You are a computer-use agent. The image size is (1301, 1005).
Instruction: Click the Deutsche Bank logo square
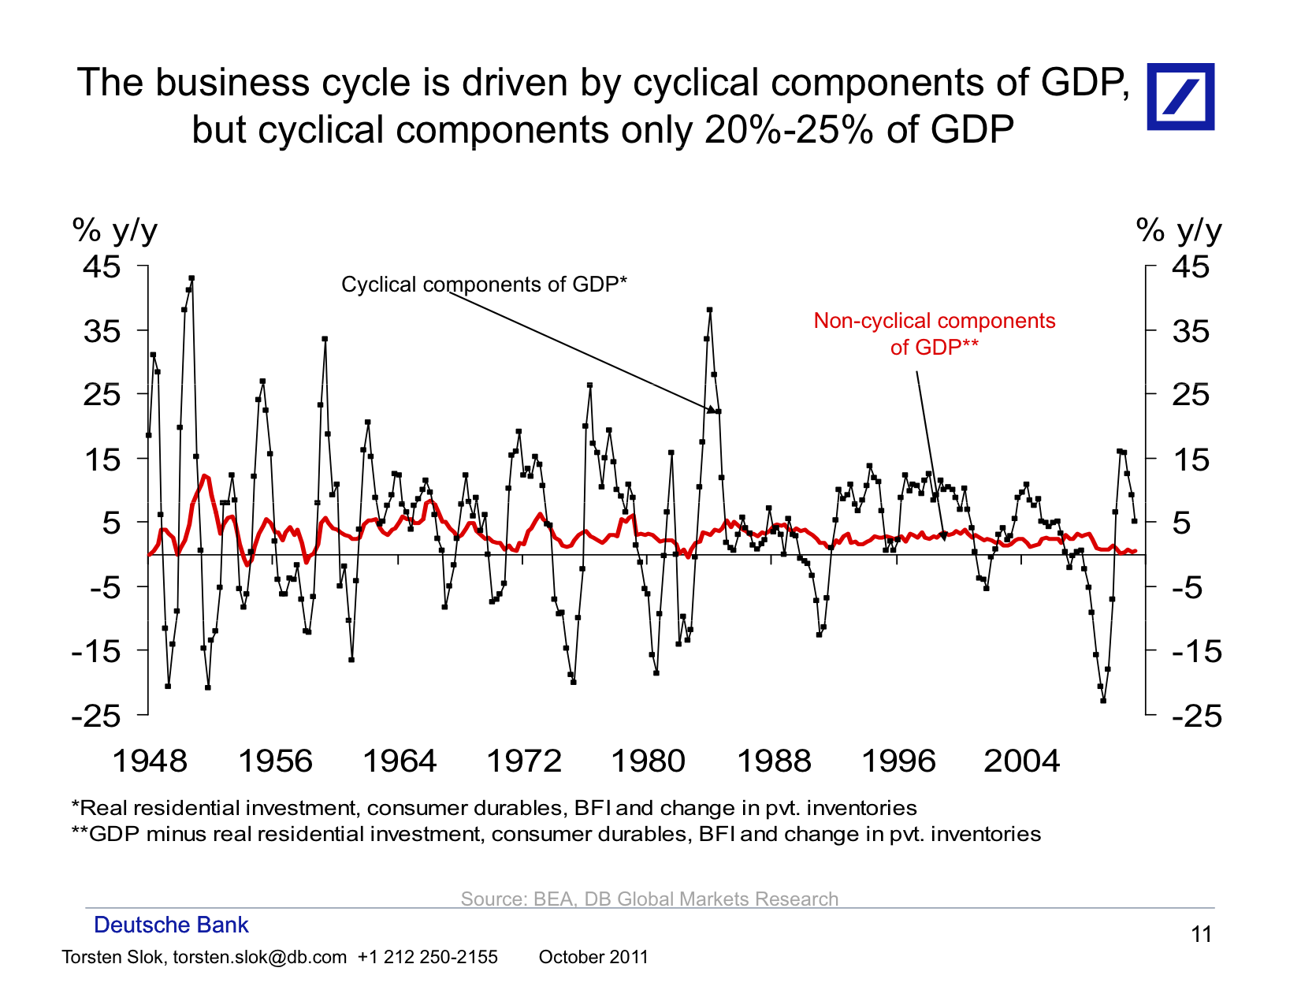click(1180, 96)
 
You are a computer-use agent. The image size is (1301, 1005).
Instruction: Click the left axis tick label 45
click(102, 267)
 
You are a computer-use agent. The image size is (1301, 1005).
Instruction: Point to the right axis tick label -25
click(1196, 716)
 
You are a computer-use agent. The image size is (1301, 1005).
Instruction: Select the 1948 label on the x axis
click(150, 761)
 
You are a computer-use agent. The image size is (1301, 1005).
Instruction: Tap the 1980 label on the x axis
click(648, 761)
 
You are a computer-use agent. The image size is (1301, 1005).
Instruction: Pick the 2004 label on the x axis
click(1022, 761)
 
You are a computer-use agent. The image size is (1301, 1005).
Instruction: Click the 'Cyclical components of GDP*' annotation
click(484, 285)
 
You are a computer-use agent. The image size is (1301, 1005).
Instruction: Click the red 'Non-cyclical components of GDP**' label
click(934, 333)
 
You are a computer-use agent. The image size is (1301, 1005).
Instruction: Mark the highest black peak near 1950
click(191, 278)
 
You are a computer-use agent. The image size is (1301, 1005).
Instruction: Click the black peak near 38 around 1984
click(709, 311)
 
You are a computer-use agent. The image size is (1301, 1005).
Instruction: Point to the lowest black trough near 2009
click(1103, 700)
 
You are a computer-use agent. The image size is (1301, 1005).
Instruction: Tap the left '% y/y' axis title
click(115, 231)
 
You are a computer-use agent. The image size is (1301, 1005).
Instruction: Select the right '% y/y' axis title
click(1179, 231)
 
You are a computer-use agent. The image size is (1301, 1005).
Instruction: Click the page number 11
click(1201, 935)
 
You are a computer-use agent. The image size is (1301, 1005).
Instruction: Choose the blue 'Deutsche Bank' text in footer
click(171, 925)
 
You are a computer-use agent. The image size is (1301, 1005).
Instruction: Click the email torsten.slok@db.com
click(259, 957)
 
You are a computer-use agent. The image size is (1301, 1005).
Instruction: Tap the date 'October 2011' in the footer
click(593, 957)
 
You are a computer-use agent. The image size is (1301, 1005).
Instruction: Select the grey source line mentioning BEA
click(649, 899)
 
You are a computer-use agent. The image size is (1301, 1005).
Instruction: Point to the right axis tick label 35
click(1190, 331)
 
